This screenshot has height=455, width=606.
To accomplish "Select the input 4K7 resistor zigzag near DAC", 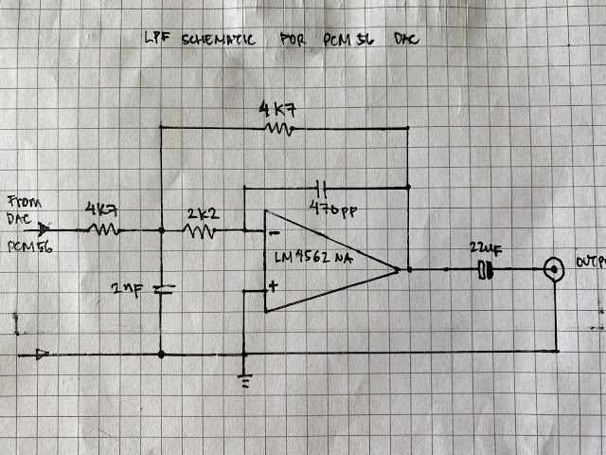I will point(101,228).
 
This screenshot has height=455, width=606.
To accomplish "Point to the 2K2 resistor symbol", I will point(201,229).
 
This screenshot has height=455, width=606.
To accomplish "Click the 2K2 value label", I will point(203,213).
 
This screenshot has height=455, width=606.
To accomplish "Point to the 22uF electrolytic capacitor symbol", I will point(487,270).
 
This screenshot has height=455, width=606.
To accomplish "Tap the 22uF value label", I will point(486,248).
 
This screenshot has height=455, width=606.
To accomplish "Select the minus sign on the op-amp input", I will point(273,230).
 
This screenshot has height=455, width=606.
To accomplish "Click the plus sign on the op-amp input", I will point(274,284).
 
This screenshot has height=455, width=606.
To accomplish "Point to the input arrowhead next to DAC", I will point(45,228).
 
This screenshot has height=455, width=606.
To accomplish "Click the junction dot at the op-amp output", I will point(408,270).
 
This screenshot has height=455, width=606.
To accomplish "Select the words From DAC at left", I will point(20,209).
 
